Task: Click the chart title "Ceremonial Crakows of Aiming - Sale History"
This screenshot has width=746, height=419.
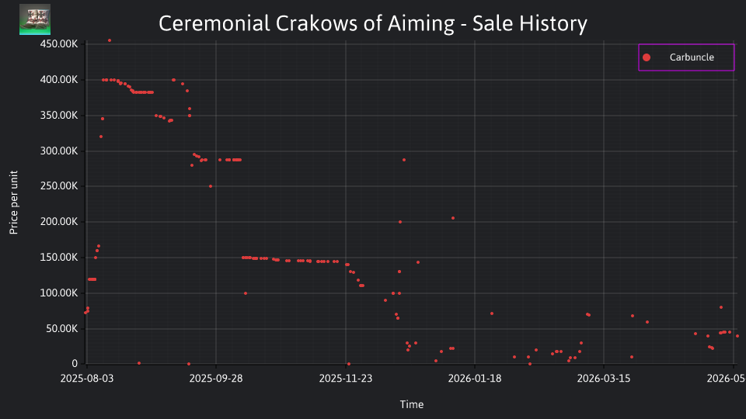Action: [372, 23]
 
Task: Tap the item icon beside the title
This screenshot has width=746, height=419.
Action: [35, 19]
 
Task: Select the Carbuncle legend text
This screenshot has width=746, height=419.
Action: [692, 57]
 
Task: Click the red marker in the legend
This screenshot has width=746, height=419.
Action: [647, 57]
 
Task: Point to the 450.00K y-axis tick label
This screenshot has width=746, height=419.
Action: [59, 44]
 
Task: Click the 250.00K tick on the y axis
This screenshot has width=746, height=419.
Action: [59, 186]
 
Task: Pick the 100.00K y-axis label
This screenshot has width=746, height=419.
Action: [59, 293]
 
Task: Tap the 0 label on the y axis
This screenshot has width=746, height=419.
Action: [75, 364]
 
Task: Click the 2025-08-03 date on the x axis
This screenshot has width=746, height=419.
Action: [87, 379]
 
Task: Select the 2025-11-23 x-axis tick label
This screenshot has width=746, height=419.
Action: [345, 379]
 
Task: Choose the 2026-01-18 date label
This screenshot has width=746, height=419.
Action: [475, 379]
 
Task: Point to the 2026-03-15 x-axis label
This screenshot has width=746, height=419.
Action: [604, 379]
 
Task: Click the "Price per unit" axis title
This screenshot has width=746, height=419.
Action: [14, 203]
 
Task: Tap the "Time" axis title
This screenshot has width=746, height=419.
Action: [412, 405]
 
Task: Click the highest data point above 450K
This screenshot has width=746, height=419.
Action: [110, 41]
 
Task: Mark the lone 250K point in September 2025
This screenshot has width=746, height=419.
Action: [211, 186]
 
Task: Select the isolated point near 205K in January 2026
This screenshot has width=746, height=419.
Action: [453, 219]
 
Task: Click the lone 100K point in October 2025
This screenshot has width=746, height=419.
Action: [246, 293]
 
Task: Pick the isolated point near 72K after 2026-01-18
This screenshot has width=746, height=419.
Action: [492, 313]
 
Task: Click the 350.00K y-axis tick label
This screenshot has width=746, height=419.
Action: [59, 116]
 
